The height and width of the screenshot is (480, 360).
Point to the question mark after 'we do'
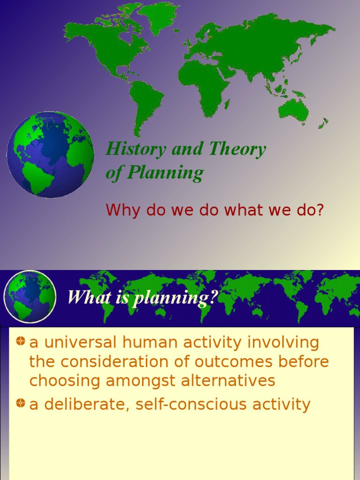(321, 210)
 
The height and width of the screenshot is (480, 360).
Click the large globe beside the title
(50, 154)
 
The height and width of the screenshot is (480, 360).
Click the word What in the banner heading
(84, 297)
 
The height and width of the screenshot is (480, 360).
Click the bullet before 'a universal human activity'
(20, 342)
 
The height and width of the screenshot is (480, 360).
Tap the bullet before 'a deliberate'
(20, 404)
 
